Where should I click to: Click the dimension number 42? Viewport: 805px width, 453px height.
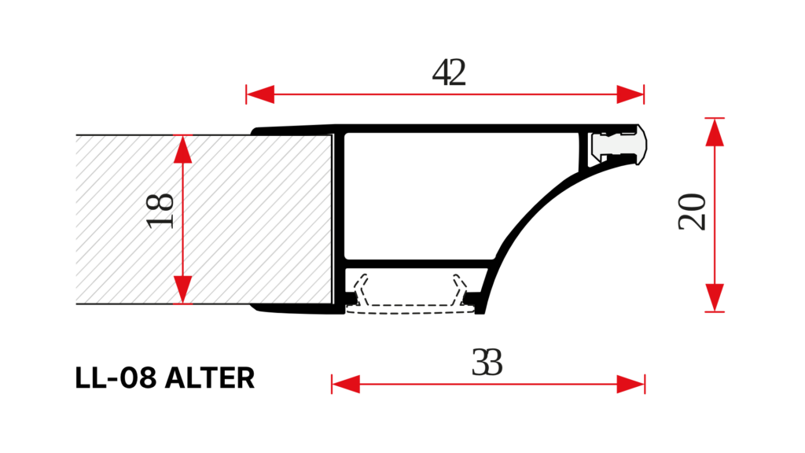click(x=449, y=72)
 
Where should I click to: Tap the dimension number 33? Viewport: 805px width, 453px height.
click(x=487, y=362)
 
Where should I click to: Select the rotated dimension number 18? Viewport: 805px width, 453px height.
click(x=160, y=211)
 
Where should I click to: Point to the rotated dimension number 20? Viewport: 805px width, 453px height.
click(x=692, y=212)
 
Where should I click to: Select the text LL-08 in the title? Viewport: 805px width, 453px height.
click(x=116, y=378)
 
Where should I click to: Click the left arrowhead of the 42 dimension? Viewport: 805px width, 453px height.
click(x=260, y=94)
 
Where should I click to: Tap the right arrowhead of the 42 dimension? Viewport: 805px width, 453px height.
click(x=630, y=94)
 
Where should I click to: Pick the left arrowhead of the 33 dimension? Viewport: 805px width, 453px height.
click(x=346, y=384)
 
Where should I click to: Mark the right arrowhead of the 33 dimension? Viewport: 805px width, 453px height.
click(x=630, y=384)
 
